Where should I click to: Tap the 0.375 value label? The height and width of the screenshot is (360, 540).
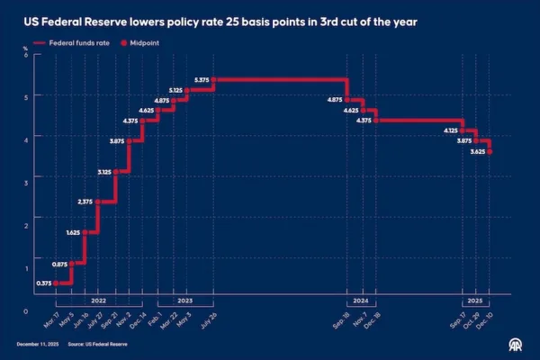[x=43, y=283]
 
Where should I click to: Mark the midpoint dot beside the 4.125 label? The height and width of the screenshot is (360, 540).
[x=463, y=130]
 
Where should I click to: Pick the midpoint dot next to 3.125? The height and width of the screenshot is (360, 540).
[x=115, y=171]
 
